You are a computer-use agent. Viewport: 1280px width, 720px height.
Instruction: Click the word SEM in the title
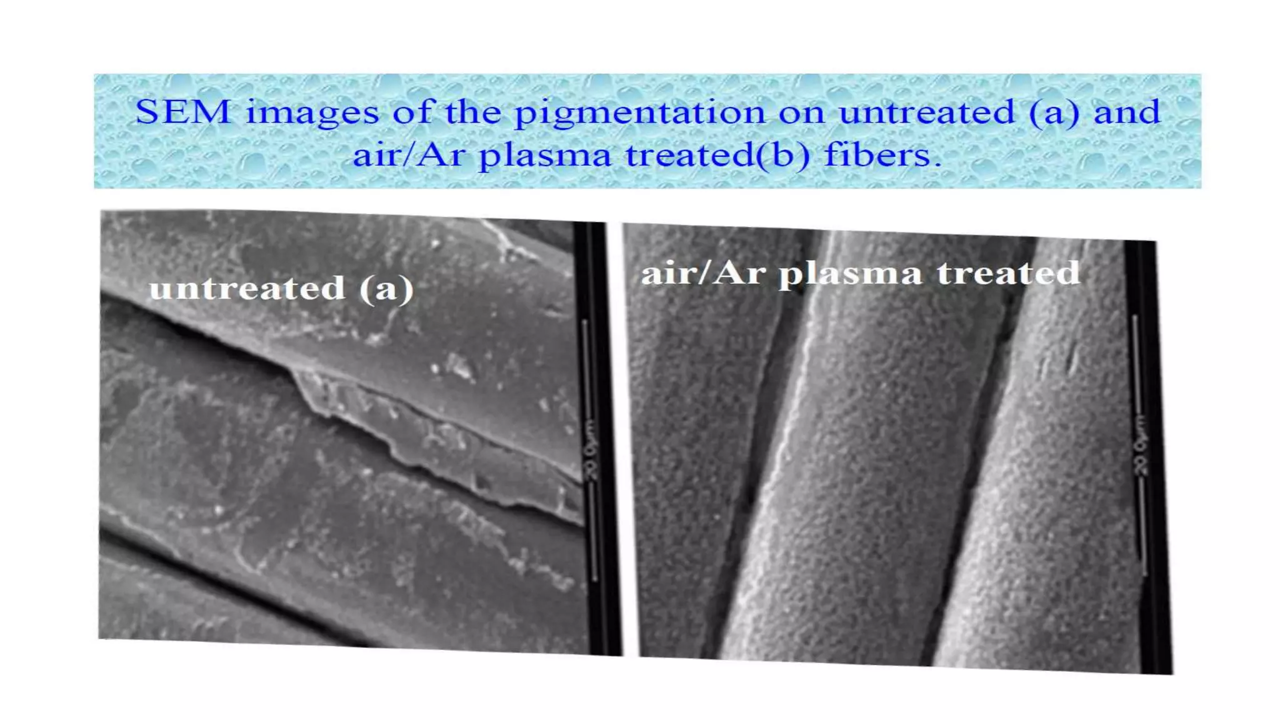pyautogui.click(x=183, y=112)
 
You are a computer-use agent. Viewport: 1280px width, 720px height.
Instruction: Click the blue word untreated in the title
pyautogui.click(x=926, y=112)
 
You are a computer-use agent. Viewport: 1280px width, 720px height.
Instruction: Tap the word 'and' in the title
pyautogui.click(x=1126, y=112)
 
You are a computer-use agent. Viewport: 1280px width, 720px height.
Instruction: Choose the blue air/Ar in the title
pyautogui.click(x=409, y=155)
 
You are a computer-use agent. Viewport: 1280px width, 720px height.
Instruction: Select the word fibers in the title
pyautogui.click(x=882, y=155)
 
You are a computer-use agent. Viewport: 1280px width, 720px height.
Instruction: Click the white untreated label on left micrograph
pyautogui.click(x=247, y=288)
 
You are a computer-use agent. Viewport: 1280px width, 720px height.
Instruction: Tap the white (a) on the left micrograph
pyautogui.click(x=387, y=289)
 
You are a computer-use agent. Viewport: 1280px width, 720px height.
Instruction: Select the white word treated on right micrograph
pyautogui.click(x=1008, y=273)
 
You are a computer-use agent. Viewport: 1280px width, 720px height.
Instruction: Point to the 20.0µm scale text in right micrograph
pyautogui.click(x=1141, y=446)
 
